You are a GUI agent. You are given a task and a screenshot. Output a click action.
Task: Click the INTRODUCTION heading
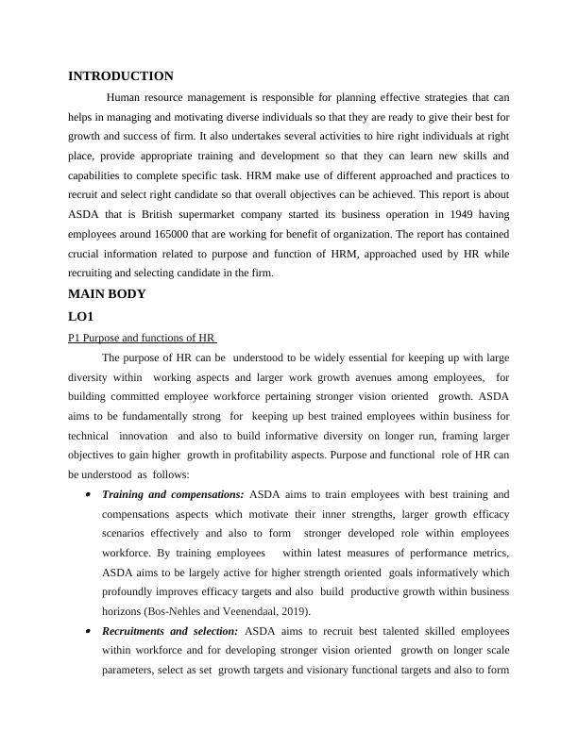click(x=121, y=75)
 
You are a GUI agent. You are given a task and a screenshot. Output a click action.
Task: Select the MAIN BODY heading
click(x=107, y=293)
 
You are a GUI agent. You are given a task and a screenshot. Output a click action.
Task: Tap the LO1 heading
click(x=82, y=317)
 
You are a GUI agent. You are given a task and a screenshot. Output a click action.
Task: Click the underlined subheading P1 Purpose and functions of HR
click(x=143, y=338)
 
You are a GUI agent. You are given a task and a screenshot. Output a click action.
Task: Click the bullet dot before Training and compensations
click(x=87, y=494)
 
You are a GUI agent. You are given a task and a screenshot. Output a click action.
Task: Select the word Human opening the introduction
click(x=127, y=97)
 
